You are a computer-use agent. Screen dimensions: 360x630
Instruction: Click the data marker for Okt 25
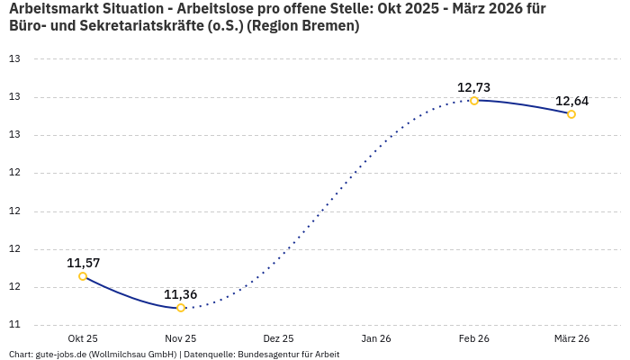83,276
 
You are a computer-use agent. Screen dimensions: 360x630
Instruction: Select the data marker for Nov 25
181,308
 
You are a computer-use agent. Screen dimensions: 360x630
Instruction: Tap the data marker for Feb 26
474,101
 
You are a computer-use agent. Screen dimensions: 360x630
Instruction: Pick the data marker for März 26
571,114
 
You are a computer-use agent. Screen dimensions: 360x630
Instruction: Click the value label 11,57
83,263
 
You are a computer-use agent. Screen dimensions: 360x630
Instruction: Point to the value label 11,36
181,294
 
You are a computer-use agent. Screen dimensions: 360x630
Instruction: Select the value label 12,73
474,87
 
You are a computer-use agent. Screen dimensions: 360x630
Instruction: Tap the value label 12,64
571,101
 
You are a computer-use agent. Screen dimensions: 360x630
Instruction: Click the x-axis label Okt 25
83,338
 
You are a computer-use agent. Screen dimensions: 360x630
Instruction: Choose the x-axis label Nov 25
181,338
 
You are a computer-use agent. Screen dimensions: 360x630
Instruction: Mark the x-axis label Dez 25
278,338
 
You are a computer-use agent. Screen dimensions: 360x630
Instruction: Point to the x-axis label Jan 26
376,338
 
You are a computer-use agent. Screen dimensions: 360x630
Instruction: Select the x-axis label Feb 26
474,338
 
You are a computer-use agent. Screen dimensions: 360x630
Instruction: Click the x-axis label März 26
571,338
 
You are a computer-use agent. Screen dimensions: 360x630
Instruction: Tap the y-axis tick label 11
14,325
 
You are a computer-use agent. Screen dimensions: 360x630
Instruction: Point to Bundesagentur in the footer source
265,355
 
